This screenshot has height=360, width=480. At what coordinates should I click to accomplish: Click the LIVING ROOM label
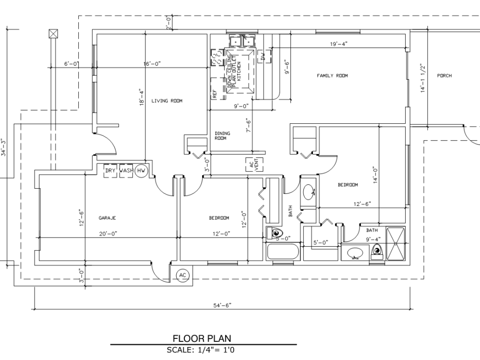tap(167, 101)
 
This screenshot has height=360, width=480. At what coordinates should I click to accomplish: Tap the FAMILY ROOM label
tap(332, 76)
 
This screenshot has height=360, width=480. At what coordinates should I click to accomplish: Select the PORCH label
tap(444, 76)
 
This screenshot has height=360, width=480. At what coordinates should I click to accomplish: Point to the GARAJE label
tap(108, 218)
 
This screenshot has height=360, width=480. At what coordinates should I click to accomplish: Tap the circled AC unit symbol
tap(182, 276)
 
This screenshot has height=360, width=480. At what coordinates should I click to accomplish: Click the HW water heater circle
tap(141, 170)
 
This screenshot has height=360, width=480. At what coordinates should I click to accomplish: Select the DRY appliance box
tap(111, 170)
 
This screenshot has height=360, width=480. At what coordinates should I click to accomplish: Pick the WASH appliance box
tap(126, 170)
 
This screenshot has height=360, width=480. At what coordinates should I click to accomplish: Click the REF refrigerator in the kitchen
tap(215, 94)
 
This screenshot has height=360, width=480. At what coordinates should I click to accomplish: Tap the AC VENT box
tap(252, 165)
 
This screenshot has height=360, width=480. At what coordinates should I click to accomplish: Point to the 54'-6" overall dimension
tap(223, 305)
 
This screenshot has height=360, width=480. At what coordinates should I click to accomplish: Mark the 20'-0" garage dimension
tap(108, 234)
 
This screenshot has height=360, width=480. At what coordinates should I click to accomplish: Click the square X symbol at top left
tap(53, 33)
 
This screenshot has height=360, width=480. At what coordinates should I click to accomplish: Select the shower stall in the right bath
tap(396, 243)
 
